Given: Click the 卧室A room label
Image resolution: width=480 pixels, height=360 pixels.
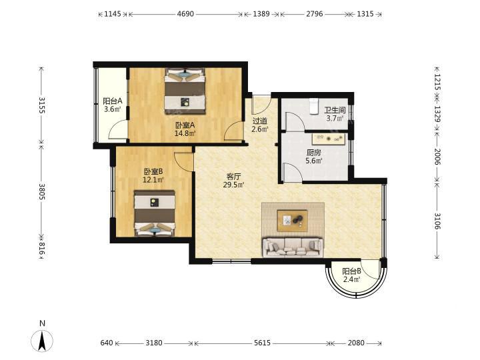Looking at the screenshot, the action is tap(185, 125).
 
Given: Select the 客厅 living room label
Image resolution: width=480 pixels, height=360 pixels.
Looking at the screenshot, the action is tap(233, 176).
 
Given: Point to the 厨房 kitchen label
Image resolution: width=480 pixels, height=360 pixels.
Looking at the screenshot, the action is tap(314, 152).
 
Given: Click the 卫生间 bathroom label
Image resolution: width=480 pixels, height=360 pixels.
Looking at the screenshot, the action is tap(335, 110).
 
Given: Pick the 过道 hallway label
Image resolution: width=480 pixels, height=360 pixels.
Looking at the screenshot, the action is tap(260, 121).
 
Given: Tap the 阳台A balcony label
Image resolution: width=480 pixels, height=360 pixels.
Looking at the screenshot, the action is tap(113, 101).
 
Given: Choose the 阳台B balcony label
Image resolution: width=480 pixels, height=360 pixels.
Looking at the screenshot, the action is tap(351, 271).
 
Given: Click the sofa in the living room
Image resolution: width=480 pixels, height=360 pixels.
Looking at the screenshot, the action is tap(293, 247).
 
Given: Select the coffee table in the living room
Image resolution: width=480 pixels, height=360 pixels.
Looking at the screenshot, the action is tap(292, 221).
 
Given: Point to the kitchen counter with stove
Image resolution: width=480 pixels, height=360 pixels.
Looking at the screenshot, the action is tap(329, 139).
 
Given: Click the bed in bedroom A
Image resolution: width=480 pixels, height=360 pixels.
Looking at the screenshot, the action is tap(185, 91).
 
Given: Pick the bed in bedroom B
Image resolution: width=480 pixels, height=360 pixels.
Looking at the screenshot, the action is tap(155, 213).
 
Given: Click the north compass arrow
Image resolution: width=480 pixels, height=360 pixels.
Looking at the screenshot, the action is tap(42, 341).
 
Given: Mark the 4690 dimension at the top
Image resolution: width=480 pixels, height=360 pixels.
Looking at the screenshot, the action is tap(185, 14).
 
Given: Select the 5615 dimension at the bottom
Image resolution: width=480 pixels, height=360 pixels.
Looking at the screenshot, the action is tap(263, 343).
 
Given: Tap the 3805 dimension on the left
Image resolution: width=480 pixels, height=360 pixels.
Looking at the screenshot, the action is tap(42, 191).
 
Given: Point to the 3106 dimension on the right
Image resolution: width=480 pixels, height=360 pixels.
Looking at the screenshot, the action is tap(437, 221).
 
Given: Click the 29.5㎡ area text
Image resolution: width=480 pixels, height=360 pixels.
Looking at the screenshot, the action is tap(233, 185).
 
